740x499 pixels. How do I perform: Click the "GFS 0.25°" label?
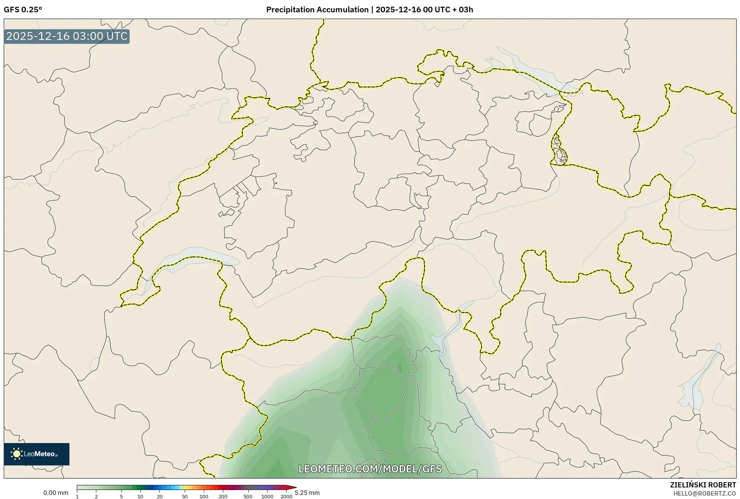(x=23, y=10)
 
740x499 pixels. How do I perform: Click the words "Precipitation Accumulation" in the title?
(x=317, y=10)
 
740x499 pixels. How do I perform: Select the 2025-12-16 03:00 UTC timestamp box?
(x=67, y=37)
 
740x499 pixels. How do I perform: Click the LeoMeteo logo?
(x=37, y=454)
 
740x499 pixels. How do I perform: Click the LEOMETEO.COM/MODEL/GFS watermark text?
(x=370, y=469)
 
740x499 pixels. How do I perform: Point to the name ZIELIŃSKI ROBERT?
(x=703, y=485)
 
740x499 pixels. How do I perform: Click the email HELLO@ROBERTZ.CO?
(x=705, y=493)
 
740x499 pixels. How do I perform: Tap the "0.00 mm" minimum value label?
(x=56, y=493)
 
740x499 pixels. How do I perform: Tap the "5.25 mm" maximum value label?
(x=307, y=493)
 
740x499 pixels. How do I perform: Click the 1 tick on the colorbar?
(x=77, y=496)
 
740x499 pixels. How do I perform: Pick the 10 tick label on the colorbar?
(x=140, y=496)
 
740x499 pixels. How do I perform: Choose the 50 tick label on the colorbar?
(x=184, y=496)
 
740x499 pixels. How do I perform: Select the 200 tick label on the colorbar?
(x=223, y=496)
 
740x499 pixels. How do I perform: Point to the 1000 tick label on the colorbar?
(x=267, y=496)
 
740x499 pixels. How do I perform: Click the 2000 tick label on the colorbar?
(x=286, y=496)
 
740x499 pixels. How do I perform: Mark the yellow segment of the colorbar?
(x=186, y=487)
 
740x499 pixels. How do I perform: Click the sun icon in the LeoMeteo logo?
(x=16, y=454)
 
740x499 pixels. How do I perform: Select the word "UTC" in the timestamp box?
(x=117, y=37)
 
